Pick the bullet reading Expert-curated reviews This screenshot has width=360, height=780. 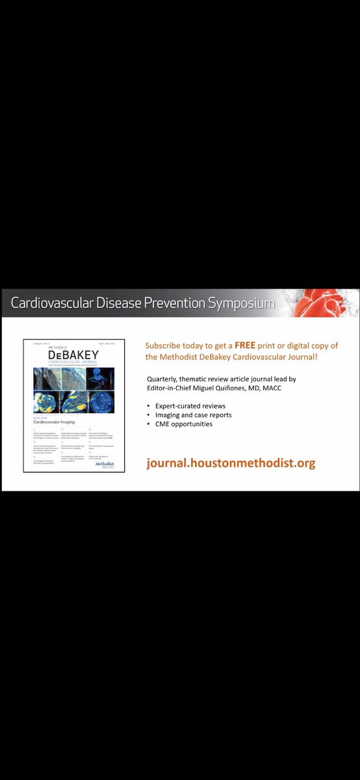coord(190,406)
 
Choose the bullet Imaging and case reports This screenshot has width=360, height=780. coord(193,415)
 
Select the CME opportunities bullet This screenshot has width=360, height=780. coord(184,424)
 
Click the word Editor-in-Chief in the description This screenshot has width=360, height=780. coord(172,389)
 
